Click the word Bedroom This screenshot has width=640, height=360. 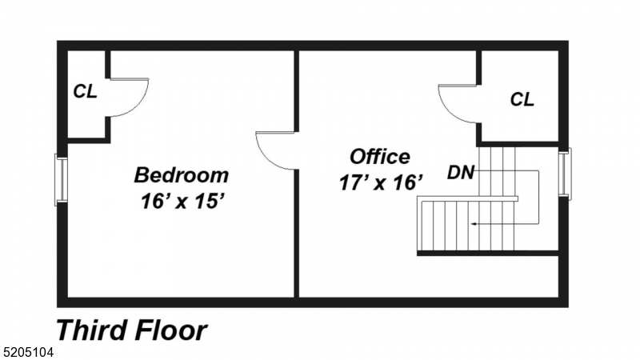[x=181, y=174]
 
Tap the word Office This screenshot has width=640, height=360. [x=379, y=156]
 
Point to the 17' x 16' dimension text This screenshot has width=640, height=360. [x=379, y=182]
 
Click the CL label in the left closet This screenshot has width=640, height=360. [x=85, y=91]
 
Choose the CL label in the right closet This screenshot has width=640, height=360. [x=522, y=99]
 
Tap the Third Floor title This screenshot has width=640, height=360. [x=131, y=330]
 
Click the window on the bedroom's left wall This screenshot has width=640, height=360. [x=61, y=180]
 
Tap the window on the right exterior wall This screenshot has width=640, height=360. [x=565, y=173]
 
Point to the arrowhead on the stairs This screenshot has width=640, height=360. [x=473, y=224]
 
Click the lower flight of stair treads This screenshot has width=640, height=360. [x=448, y=226]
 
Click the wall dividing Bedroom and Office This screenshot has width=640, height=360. [x=298, y=232]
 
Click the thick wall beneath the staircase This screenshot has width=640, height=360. [x=486, y=254]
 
